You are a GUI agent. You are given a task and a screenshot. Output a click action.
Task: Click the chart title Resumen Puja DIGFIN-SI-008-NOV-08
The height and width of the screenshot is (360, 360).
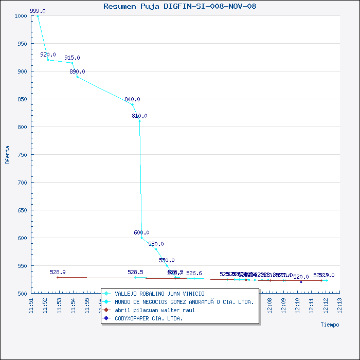[x=180, y=6]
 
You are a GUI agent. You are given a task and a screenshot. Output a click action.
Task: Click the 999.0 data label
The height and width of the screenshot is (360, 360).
[x=38, y=11]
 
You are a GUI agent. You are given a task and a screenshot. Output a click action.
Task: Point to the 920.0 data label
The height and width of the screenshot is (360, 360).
[x=48, y=55]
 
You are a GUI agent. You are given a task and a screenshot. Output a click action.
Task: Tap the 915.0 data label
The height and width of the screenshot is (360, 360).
[x=72, y=58]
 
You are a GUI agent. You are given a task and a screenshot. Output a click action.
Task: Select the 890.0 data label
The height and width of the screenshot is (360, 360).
[x=77, y=72]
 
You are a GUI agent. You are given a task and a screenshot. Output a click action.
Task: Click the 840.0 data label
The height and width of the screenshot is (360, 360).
[x=132, y=100]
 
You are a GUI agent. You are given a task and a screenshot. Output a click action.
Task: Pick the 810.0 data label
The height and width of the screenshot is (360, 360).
[x=139, y=116]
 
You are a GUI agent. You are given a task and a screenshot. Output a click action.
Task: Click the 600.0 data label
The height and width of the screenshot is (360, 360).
[x=141, y=233]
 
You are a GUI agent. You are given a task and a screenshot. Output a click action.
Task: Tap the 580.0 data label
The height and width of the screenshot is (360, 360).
[x=156, y=244]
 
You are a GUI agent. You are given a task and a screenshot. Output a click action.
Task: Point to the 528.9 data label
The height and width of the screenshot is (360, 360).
[x=58, y=272]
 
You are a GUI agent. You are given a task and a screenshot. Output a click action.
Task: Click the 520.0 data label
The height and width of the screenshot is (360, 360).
[x=301, y=277]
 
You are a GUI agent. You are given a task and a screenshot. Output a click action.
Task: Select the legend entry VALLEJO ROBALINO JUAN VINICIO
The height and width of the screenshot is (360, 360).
[x=152, y=294]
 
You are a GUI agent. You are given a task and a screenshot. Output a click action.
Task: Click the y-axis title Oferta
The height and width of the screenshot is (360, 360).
[x=7, y=154]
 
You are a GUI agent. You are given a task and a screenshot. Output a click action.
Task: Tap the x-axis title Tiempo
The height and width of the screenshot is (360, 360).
[x=330, y=325]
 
